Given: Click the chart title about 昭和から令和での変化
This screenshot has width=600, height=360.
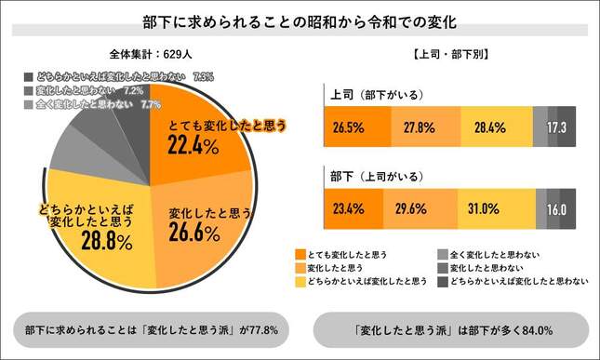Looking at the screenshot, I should [x=300, y=19].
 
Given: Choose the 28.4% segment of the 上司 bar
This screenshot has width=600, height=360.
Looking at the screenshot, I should [x=496, y=127].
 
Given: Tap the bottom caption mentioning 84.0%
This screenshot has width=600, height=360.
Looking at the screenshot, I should [x=450, y=329].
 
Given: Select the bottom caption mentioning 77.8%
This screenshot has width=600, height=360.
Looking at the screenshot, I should [x=152, y=329].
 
